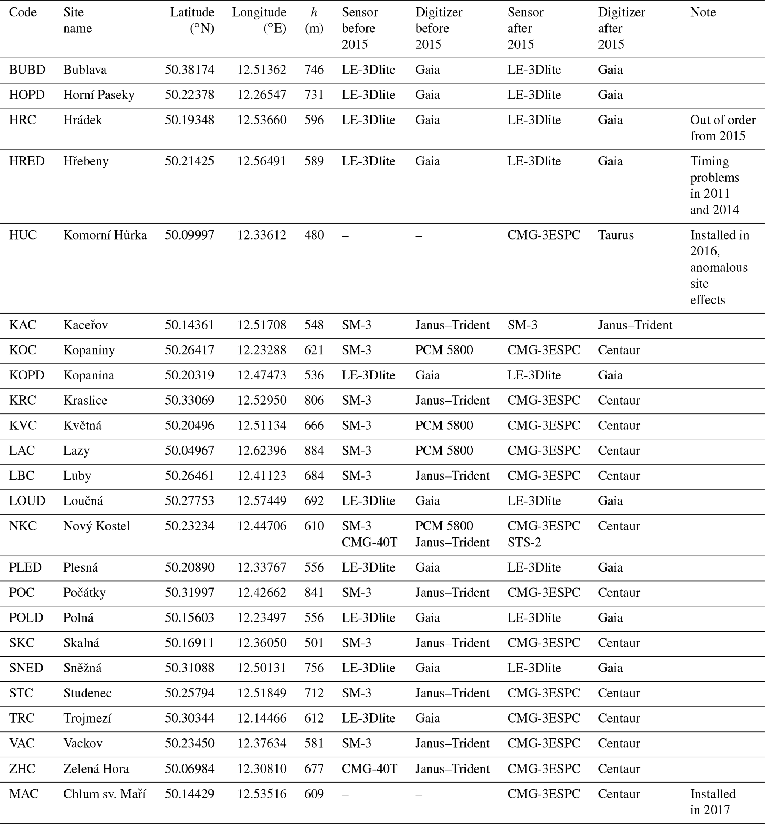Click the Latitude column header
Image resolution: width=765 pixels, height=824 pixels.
point(192,20)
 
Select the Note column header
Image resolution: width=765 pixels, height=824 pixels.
point(703,12)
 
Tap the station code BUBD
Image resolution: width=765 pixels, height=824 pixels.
point(27,70)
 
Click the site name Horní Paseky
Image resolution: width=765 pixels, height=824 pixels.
point(98,95)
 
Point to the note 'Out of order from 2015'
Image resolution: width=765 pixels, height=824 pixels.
point(722,128)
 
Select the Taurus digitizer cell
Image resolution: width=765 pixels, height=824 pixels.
point(615,235)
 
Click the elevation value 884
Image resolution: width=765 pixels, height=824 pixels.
point(314,450)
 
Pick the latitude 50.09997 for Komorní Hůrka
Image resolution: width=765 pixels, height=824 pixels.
point(189,235)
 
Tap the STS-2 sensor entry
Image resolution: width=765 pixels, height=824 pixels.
point(524,542)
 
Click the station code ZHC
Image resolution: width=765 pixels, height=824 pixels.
point(22,768)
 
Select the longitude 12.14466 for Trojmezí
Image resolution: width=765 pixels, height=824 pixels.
point(262,718)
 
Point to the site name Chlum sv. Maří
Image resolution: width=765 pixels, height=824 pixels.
point(104,794)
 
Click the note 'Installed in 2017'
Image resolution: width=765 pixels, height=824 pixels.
point(712,802)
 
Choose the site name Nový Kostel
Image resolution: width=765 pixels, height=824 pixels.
point(97,526)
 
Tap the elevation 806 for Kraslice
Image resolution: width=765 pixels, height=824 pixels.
point(314,400)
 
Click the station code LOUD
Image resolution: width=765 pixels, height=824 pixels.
point(27,500)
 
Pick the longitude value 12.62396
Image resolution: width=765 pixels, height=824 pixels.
point(262,450)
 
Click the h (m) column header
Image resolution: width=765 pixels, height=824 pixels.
point(314,20)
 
